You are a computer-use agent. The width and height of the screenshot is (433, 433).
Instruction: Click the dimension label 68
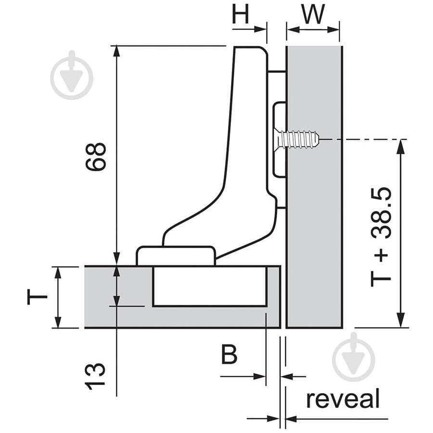pyautogui.click(x=96, y=156)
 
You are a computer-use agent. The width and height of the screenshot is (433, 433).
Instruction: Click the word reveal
pyautogui.click(x=343, y=399)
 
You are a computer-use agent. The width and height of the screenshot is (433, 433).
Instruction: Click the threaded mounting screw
pyautogui.click(x=298, y=140)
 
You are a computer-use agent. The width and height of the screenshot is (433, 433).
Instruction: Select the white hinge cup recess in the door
pyautogui.click(x=210, y=286)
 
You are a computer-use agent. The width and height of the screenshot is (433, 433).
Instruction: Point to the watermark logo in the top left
pyautogui.click(x=72, y=75)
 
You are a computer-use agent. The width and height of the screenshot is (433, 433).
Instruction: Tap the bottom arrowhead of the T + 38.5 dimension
pyautogui.click(x=400, y=321)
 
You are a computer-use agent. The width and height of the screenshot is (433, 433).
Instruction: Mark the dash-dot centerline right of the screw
pyautogui.click(x=366, y=140)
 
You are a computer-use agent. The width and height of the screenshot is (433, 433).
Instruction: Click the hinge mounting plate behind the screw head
pyautogui.click(x=279, y=140)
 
